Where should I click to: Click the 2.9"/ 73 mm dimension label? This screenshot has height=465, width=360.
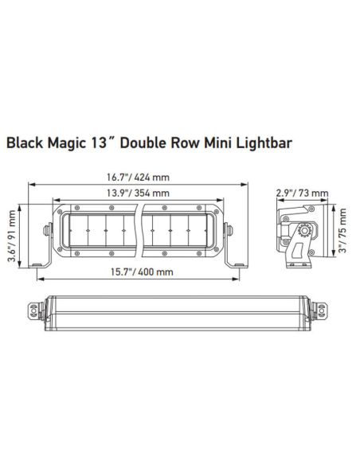[296, 193]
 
